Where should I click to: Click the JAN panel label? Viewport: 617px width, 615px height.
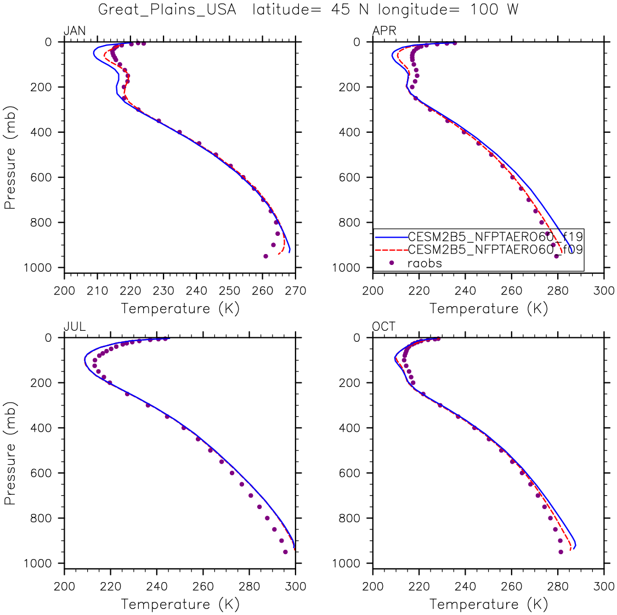[x=75, y=31]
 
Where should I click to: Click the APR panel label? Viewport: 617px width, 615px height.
[x=384, y=31]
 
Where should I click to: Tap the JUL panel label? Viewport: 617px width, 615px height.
[x=75, y=327]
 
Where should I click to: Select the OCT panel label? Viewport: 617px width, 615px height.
[x=384, y=327]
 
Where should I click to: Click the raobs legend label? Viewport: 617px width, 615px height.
[x=424, y=263]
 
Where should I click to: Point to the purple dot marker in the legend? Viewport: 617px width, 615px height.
[x=392, y=263]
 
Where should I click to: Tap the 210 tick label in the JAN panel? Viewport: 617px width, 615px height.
[x=98, y=291]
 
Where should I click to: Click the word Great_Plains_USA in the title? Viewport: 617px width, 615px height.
[x=167, y=10]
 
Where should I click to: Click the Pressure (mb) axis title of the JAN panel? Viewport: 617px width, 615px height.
[x=9, y=157]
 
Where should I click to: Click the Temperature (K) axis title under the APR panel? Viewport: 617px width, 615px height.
[x=489, y=308]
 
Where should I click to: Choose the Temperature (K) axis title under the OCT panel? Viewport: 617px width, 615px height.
[x=489, y=604]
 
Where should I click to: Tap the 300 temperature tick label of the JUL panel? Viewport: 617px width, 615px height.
[x=296, y=586]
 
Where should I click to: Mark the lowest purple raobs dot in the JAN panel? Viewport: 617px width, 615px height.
[x=265, y=256]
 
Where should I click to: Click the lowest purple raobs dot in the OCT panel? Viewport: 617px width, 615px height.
[x=561, y=552]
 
